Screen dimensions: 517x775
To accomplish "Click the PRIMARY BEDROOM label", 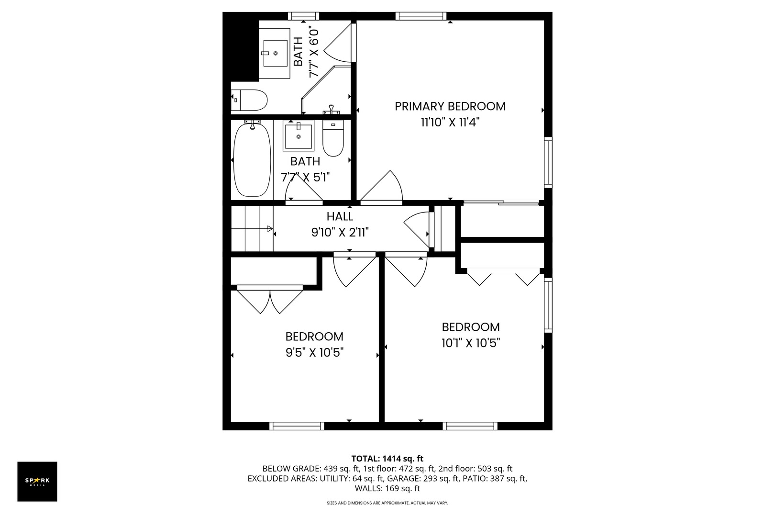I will [450, 106].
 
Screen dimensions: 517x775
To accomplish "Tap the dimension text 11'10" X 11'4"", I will [450, 123].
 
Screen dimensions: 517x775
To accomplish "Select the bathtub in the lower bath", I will [252, 159].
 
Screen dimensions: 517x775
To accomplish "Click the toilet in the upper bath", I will [250, 101].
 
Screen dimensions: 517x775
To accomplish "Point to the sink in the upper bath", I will [275, 53].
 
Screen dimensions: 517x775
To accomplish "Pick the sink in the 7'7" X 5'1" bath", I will [299, 136].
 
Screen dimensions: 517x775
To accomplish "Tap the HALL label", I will [340, 216].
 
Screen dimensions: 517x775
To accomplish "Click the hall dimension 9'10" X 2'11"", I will [340, 233].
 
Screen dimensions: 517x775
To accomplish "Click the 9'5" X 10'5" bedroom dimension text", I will [314, 353].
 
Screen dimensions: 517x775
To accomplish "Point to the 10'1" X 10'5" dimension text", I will [471, 343].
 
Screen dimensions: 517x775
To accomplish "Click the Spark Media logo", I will [37, 481].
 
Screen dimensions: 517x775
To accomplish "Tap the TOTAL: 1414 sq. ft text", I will [387, 459].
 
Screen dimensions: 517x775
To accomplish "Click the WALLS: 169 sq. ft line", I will [387, 489].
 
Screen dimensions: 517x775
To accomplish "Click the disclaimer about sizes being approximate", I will [387, 503].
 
